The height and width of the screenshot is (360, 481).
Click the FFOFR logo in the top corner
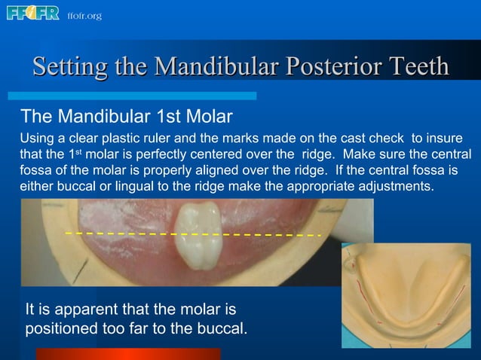32,14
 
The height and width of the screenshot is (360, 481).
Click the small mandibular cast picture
410,298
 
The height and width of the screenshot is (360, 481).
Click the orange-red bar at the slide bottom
128,353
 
